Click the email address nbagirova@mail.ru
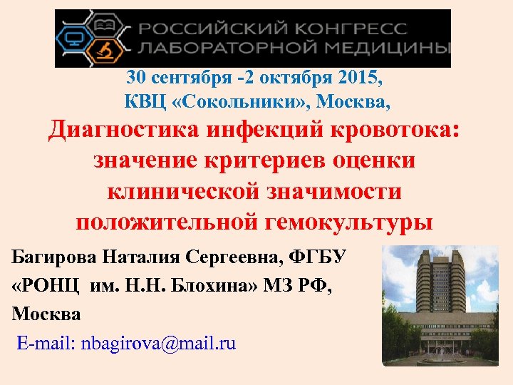[x=158, y=344]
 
